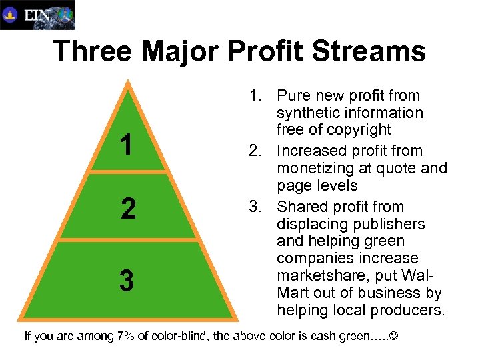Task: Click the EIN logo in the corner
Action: coord(37,15)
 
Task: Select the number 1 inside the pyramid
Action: coord(127,145)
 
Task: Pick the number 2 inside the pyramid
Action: coord(129,209)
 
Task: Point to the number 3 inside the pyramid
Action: coord(126,281)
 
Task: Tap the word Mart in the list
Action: coord(291,293)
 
